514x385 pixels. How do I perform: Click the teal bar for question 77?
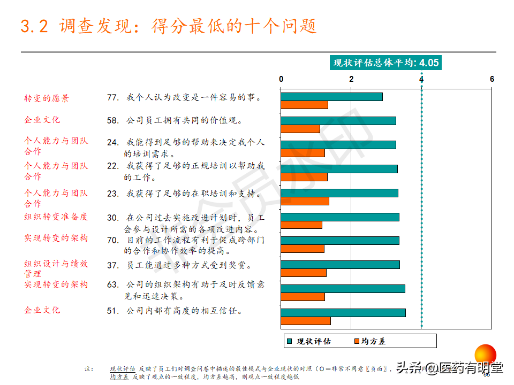332,97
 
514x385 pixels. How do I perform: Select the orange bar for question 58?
300,129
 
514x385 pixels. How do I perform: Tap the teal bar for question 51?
343,313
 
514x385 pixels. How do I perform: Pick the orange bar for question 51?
306,321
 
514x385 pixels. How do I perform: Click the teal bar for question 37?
341,265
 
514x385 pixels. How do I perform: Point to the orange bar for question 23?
305,201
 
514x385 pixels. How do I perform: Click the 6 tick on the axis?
492,79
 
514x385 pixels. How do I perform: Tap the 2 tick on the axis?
351,79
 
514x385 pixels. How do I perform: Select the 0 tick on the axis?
281,79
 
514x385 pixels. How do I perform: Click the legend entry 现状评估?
313,341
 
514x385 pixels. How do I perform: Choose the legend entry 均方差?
373,341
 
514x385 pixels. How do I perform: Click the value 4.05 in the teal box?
429,63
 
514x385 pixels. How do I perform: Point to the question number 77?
112,97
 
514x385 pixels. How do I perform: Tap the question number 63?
112,284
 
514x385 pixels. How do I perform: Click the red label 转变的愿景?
47,98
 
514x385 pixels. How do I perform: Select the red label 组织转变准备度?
56,217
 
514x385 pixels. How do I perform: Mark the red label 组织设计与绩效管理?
56,268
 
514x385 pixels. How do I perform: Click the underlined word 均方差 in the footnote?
119,376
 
